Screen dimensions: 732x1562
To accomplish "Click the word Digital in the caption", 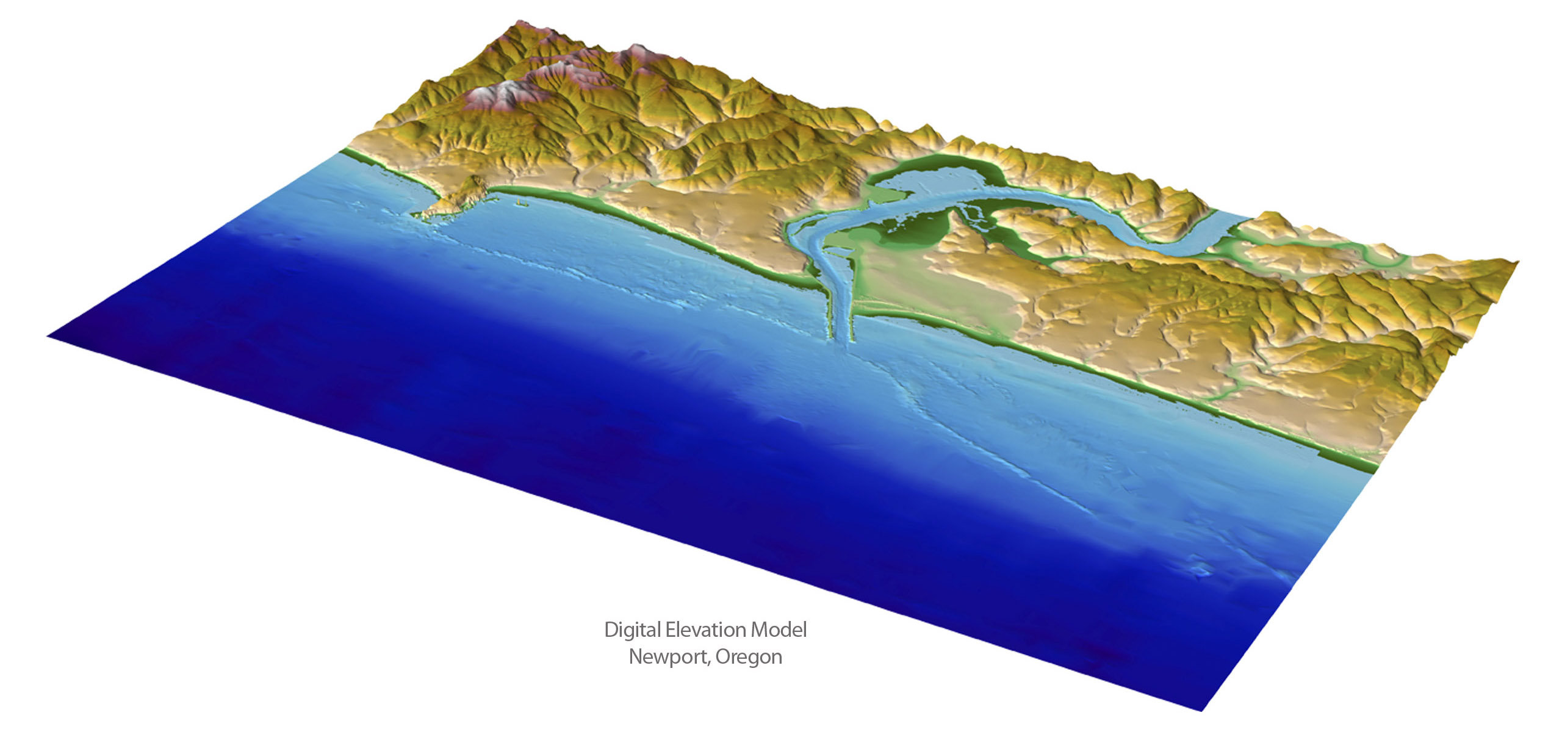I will click(632, 630).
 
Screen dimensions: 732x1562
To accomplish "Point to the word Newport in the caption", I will click(668, 658).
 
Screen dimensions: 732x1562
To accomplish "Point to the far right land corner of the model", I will click(1516, 262).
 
